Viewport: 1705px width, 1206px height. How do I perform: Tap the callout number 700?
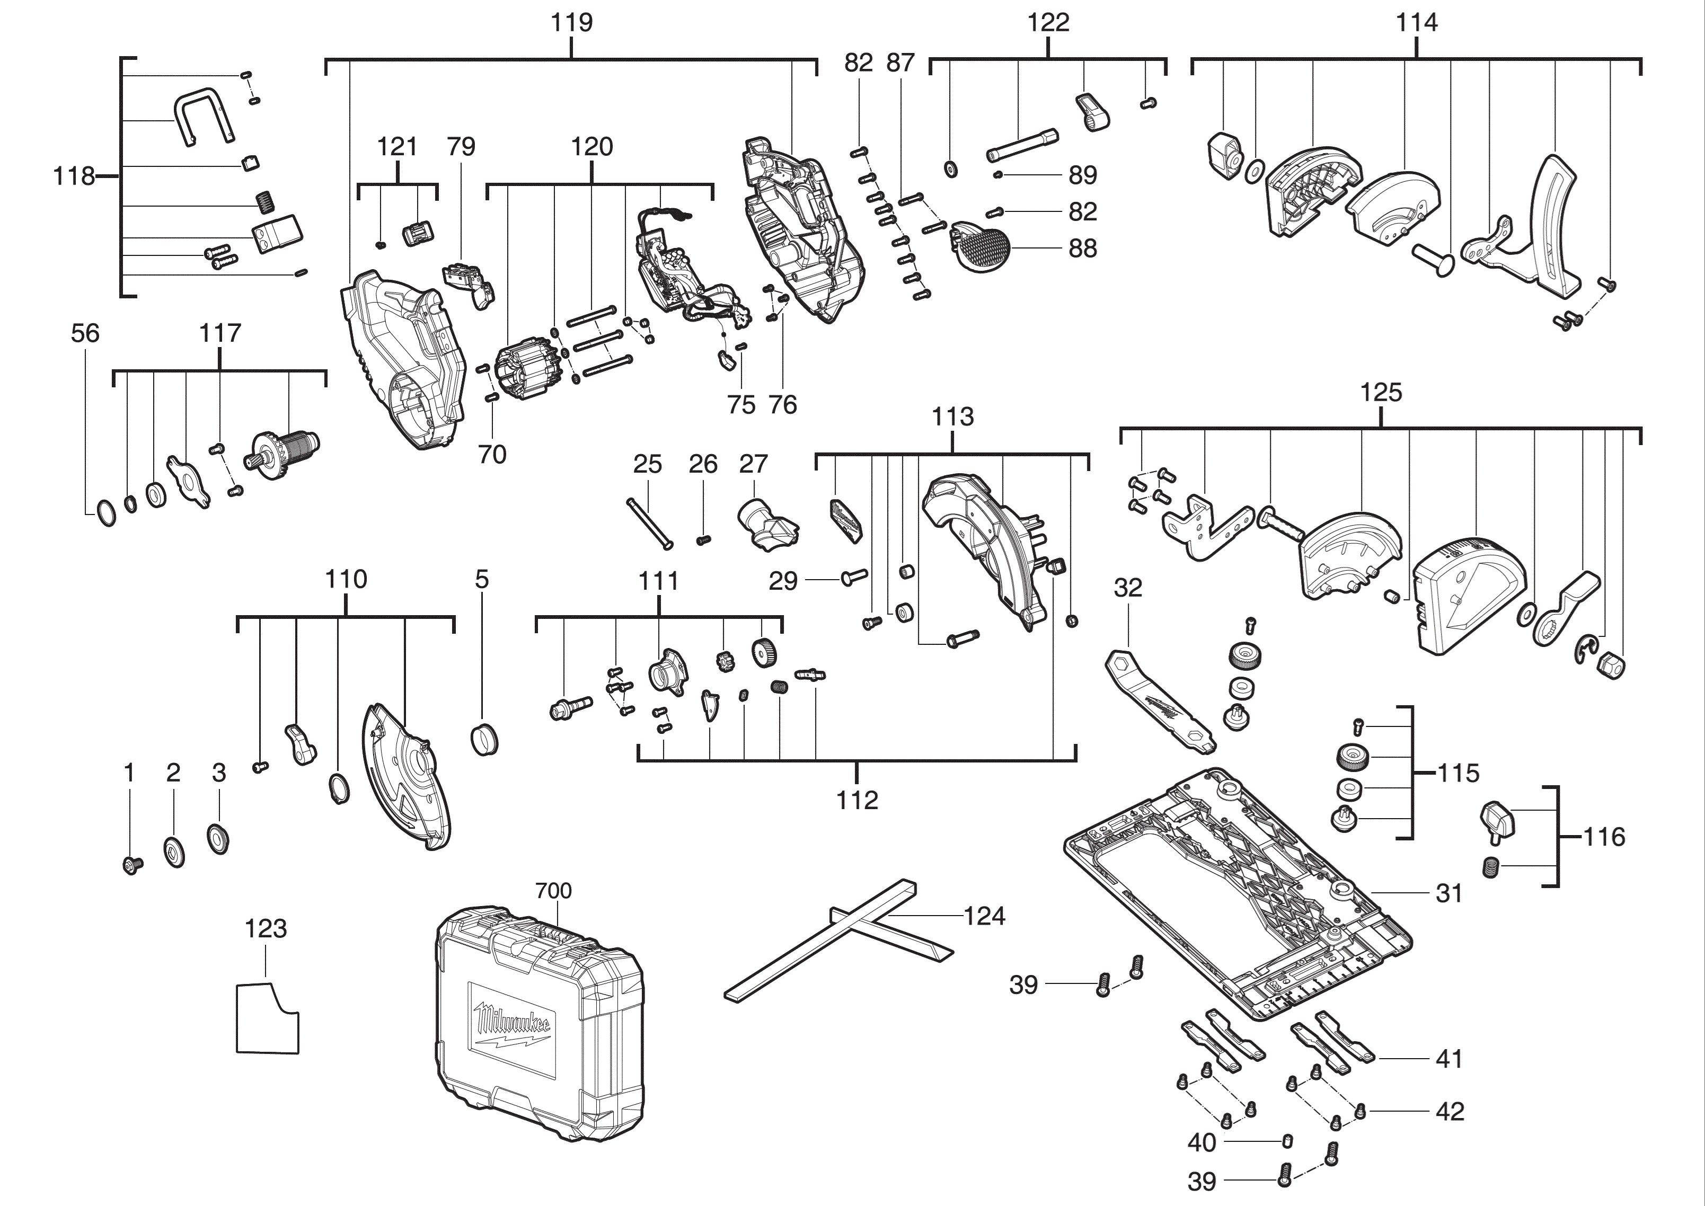(553, 890)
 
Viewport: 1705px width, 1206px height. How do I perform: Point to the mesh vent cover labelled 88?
(982, 245)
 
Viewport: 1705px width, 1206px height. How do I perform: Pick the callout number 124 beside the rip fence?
(984, 916)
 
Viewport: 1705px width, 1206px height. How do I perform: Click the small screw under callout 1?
(132, 864)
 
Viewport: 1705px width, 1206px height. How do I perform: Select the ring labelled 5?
(484, 738)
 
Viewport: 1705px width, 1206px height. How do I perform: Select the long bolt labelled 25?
(650, 524)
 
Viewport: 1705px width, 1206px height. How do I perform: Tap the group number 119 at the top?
(571, 22)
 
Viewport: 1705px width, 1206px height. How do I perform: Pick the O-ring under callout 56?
(106, 513)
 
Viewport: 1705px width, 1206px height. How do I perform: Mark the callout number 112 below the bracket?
(857, 800)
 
